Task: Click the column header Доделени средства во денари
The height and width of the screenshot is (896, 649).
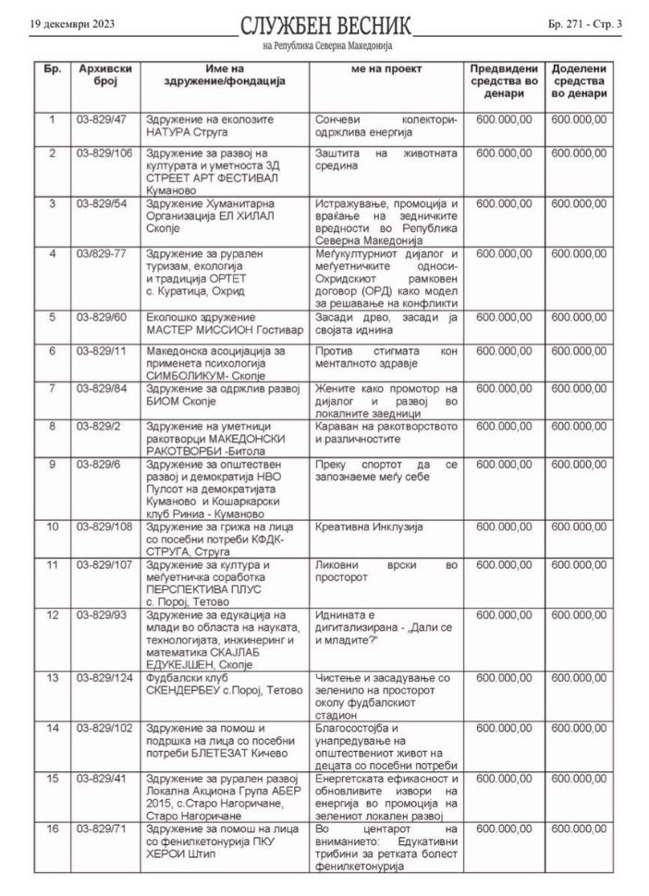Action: click(x=579, y=81)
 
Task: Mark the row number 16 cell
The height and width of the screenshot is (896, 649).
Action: click(x=53, y=829)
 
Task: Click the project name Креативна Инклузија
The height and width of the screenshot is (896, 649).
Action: click(x=369, y=526)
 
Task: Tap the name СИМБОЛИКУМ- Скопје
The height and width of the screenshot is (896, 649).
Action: click(x=191, y=377)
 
